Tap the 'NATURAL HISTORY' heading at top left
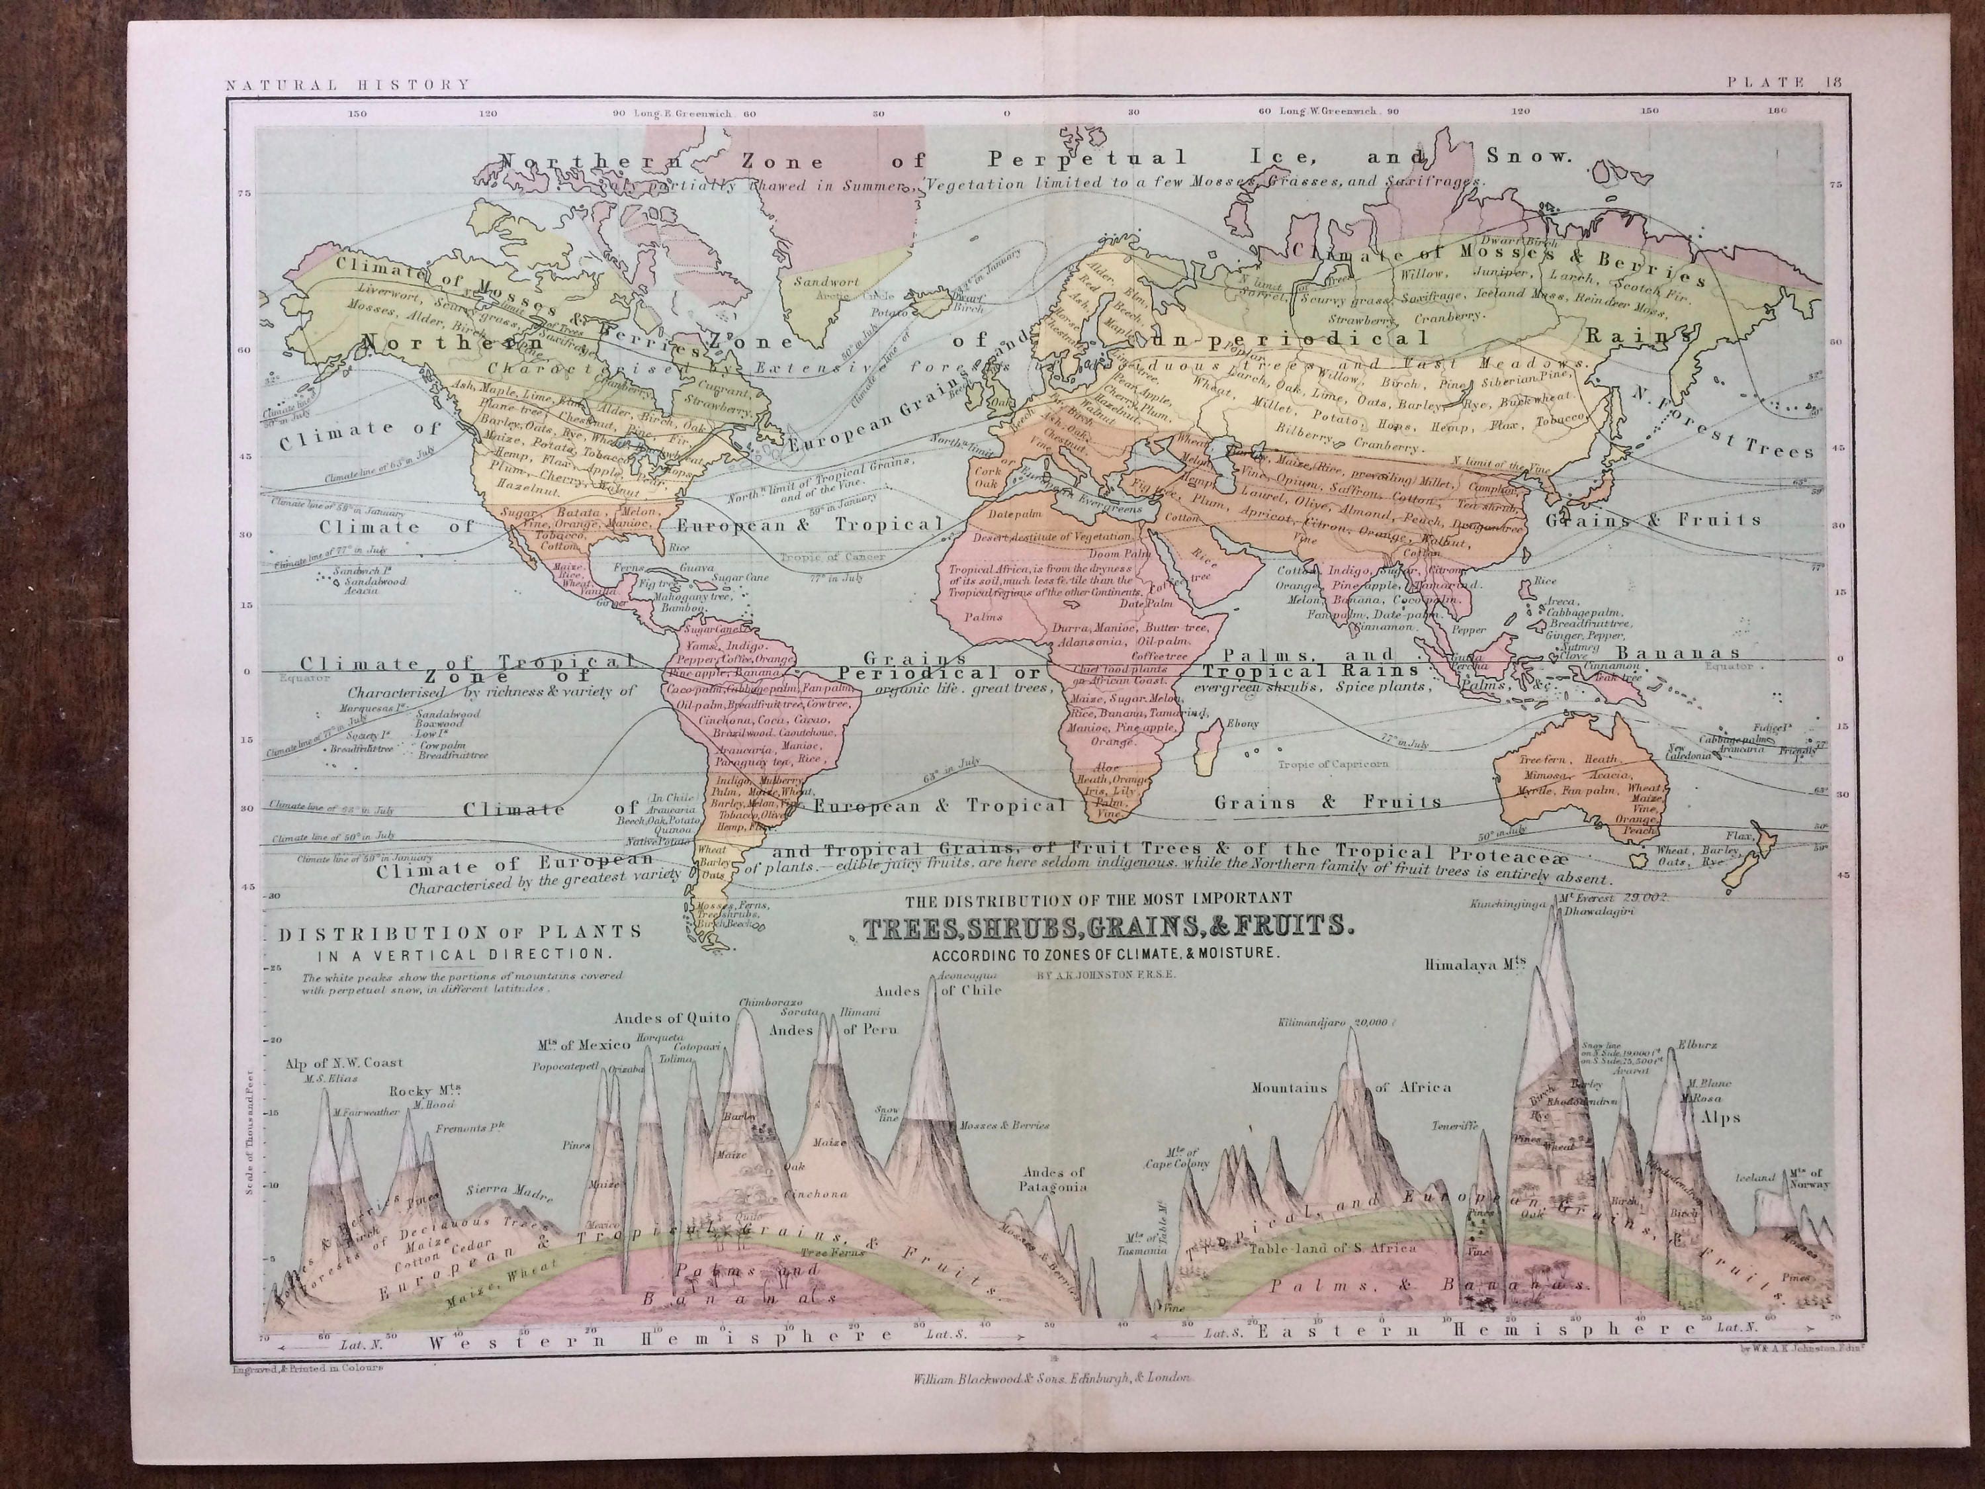pos(348,85)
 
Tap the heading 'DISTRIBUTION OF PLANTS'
pos(459,932)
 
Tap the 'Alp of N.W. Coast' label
pos(345,1063)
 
